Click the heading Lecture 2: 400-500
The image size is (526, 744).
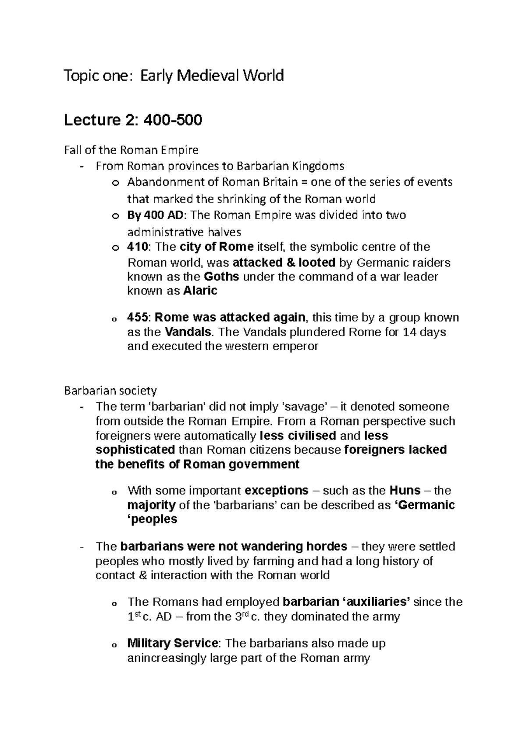pos(133,120)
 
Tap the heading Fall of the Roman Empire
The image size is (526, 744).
pos(131,150)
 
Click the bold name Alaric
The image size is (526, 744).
pos(200,291)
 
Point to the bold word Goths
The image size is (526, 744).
pos(222,277)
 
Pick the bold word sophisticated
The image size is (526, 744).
pos(135,450)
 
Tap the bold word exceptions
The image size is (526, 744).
pos(276,490)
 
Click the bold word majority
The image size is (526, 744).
pos(151,505)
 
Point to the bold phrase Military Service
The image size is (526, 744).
pos(172,644)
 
